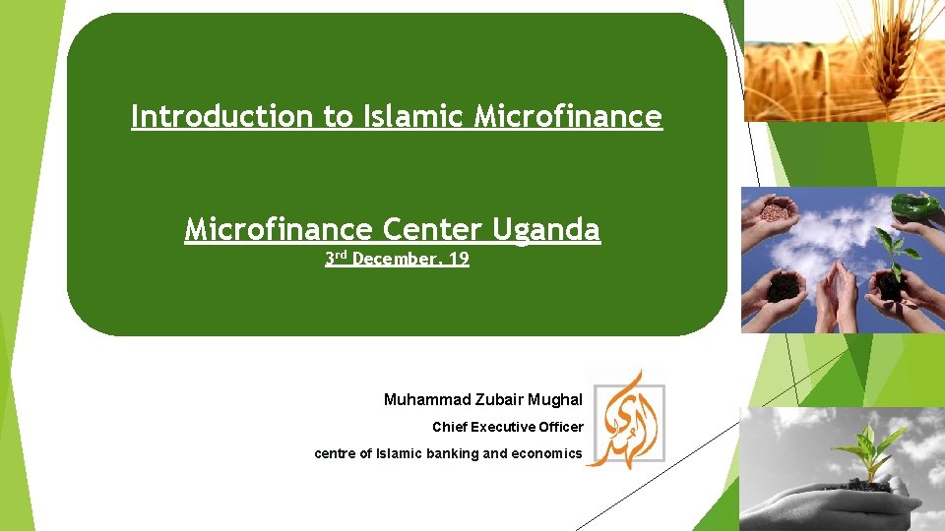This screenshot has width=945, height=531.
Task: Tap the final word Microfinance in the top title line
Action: click(x=568, y=117)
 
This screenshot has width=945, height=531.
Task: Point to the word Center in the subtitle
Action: click(x=430, y=230)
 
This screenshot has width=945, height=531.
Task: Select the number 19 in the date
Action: click(x=458, y=260)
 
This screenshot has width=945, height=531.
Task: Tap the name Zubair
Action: click(x=503, y=400)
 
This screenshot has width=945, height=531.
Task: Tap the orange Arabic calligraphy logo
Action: click(x=626, y=418)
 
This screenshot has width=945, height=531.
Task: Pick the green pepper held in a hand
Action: click(x=913, y=206)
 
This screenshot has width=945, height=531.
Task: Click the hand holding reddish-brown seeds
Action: click(x=774, y=212)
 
